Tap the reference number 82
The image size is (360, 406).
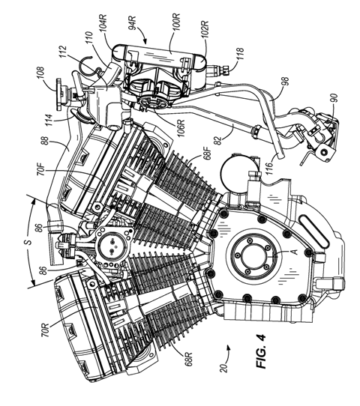[218, 139]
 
